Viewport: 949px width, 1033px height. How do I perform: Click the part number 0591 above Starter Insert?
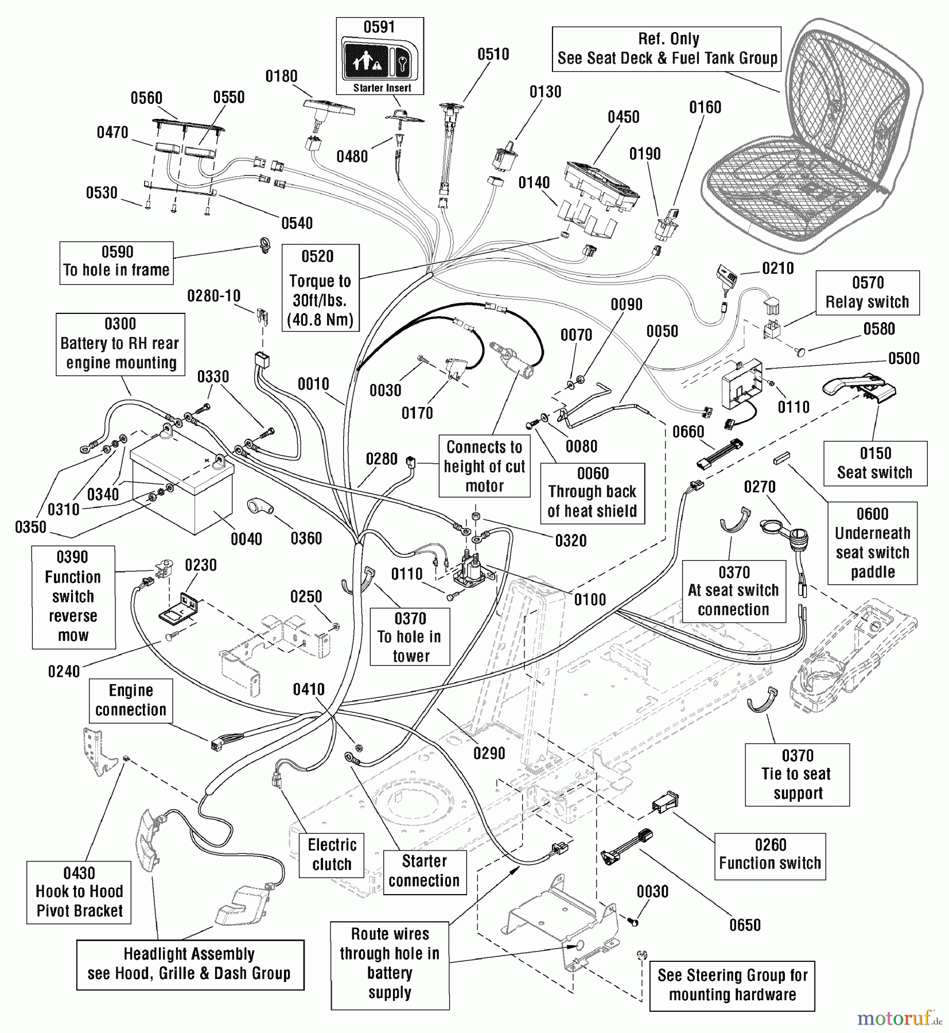[379, 27]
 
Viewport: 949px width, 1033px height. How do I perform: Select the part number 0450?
[623, 117]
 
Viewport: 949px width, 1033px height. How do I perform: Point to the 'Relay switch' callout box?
[867, 293]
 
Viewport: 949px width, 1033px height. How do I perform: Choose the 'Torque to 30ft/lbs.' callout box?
[320, 288]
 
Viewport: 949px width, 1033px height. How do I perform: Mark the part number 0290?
[489, 754]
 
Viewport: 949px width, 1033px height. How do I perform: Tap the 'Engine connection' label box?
[131, 700]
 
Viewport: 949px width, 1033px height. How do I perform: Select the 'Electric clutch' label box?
[332, 855]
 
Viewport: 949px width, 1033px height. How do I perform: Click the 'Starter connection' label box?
[424, 871]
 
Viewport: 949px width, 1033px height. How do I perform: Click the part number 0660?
[688, 432]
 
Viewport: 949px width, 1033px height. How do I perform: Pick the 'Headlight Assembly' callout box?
[190, 964]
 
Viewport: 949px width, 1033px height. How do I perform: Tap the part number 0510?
[493, 55]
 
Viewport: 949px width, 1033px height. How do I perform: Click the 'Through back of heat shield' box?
[592, 493]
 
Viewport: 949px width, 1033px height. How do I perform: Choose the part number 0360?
[306, 538]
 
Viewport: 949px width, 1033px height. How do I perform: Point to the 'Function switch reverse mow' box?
[73, 597]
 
